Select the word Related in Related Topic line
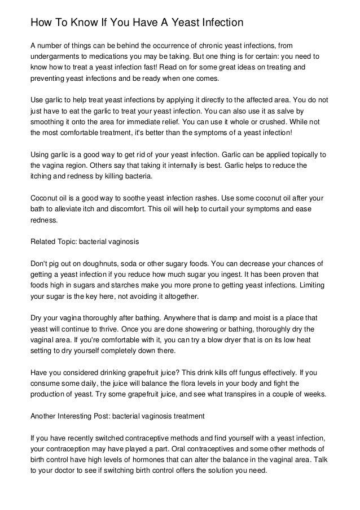pos(42,242)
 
